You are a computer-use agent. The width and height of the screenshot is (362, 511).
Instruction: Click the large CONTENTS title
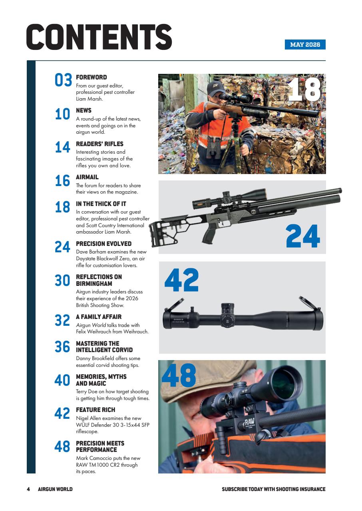(x=99, y=37)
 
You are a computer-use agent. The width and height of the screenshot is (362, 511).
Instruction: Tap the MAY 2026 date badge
(x=305, y=45)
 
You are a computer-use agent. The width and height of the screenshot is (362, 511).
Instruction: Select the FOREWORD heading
(x=91, y=77)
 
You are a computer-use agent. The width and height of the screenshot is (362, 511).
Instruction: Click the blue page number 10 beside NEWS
(x=63, y=115)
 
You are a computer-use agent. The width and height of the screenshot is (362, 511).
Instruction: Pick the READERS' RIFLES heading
(x=99, y=144)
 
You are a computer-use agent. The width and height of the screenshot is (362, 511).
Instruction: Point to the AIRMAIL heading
(x=87, y=177)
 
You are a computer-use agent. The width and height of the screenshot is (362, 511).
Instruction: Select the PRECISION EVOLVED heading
(x=103, y=244)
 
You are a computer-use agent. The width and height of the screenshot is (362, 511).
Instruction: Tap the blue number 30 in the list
(x=62, y=281)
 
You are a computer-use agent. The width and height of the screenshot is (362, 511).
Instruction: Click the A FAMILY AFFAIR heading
(x=99, y=317)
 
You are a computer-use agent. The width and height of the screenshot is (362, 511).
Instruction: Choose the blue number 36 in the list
(x=62, y=347)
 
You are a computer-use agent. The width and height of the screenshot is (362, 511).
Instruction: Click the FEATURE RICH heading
(x=95, y=410)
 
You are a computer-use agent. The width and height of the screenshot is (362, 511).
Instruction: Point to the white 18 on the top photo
(x=304, y=89)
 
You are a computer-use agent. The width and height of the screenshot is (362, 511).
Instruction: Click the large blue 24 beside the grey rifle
(x=303, y=237)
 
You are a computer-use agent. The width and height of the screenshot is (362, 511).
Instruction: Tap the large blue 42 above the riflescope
(x=181, y=280)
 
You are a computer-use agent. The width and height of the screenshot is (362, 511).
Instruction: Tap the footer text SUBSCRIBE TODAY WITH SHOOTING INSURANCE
(x=273, y=489)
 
